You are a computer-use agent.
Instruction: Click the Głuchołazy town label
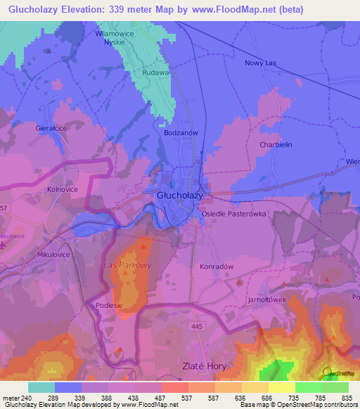click(181, 197)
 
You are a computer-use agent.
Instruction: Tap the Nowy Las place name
click(261, 63)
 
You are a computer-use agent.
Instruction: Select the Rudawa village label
click(156, 72)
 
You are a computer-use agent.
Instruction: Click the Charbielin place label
click(275, 145)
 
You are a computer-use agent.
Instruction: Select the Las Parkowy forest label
click(127, 265)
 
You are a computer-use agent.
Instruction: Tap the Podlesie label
click(109, 305)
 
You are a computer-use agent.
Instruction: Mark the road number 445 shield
click(196, 327)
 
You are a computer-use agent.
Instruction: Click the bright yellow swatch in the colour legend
click(281, 387)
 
